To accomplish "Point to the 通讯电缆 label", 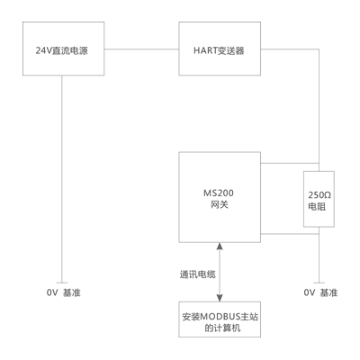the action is point(198,274).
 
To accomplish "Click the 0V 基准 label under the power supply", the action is point(64,292).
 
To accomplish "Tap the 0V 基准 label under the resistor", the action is point(320,292).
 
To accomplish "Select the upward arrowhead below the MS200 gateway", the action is point(220,247).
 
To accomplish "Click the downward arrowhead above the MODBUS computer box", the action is point(220,298).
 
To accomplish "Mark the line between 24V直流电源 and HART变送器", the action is point(141,49).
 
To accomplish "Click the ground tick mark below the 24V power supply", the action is point(62,283).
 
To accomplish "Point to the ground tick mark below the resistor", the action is point(319,283).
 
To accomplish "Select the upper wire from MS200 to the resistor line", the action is point(290,164).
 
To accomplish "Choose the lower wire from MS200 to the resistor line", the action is point(290,234).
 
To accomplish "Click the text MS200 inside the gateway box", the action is point(219,193).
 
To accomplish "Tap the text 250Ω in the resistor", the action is point(319,195).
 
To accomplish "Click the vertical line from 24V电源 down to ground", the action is point(62,179).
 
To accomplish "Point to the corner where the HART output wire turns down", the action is point(319,49).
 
